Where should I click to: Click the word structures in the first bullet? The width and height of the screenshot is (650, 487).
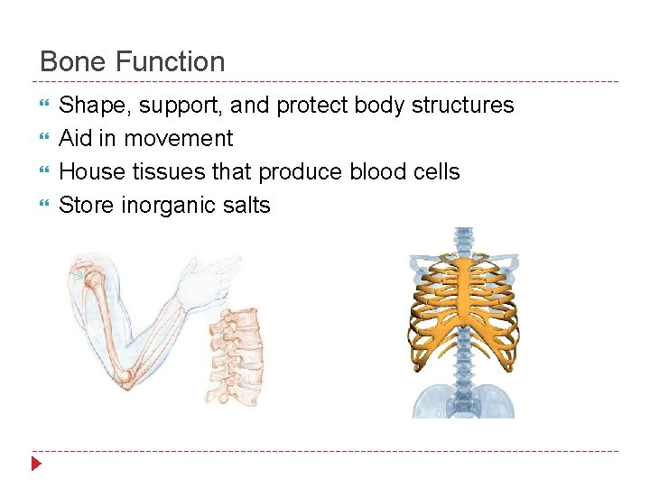tap(462, 106)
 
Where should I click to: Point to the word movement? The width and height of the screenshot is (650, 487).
tap(178, 139)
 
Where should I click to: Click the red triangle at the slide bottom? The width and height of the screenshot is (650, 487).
tap(36, 464)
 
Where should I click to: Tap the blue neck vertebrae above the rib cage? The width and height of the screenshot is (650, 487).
tap(464, 242)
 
